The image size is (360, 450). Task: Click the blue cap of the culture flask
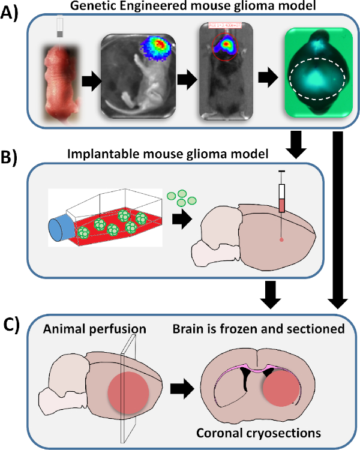tap(62, 226)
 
